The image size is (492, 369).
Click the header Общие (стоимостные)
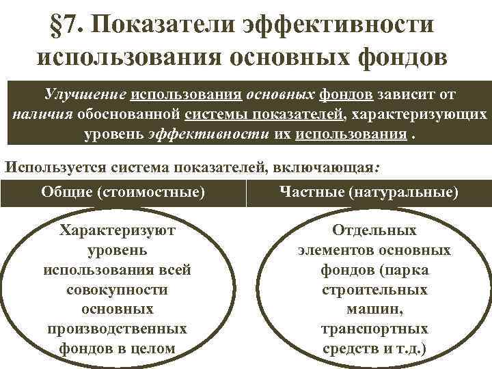[x=123, y=193]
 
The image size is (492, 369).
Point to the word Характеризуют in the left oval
[x=118, y=231]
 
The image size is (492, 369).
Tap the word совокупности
[x=118, y=290]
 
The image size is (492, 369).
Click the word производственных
[x=118, y=329]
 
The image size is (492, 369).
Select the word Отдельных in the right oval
[x=374, y=231]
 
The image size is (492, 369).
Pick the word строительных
[x=374, y=290]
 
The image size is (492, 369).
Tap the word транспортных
[x=374, y=329]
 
